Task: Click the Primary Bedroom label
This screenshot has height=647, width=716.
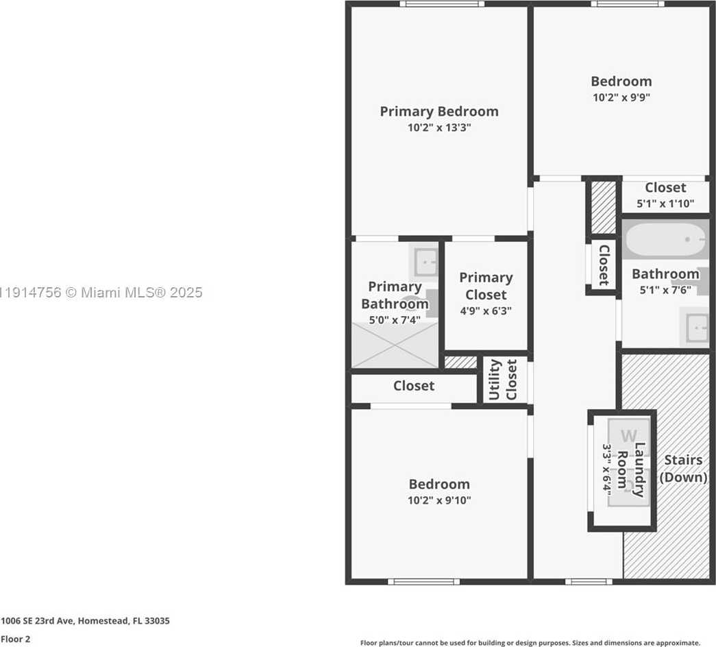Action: coord(439,111)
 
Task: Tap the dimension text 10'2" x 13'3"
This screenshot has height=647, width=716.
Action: coord(439,127)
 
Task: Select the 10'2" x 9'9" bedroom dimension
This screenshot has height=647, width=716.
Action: coord(621,97)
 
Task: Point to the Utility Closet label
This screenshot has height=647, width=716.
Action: coord(502,380)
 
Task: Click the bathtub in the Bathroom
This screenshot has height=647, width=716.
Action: coord(665,239)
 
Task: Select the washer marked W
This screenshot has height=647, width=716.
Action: coord(628,435)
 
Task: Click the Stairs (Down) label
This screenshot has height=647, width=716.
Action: coord(683,469)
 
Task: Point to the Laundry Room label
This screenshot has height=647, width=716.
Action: coord(631,469)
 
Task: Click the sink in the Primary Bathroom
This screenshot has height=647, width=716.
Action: coord(425,262)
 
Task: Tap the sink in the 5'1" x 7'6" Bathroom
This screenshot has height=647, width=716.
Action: coord(695,327)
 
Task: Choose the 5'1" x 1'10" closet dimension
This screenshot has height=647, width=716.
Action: coord(665,204)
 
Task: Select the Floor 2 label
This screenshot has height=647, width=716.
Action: coord(16,639)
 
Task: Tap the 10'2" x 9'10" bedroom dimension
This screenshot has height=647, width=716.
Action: coord(439,500)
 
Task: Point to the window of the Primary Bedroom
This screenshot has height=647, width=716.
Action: coord(442,4)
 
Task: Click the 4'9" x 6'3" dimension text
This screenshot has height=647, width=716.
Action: coord(486,310)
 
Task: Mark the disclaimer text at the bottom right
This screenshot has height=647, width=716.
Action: coord(530,643)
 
